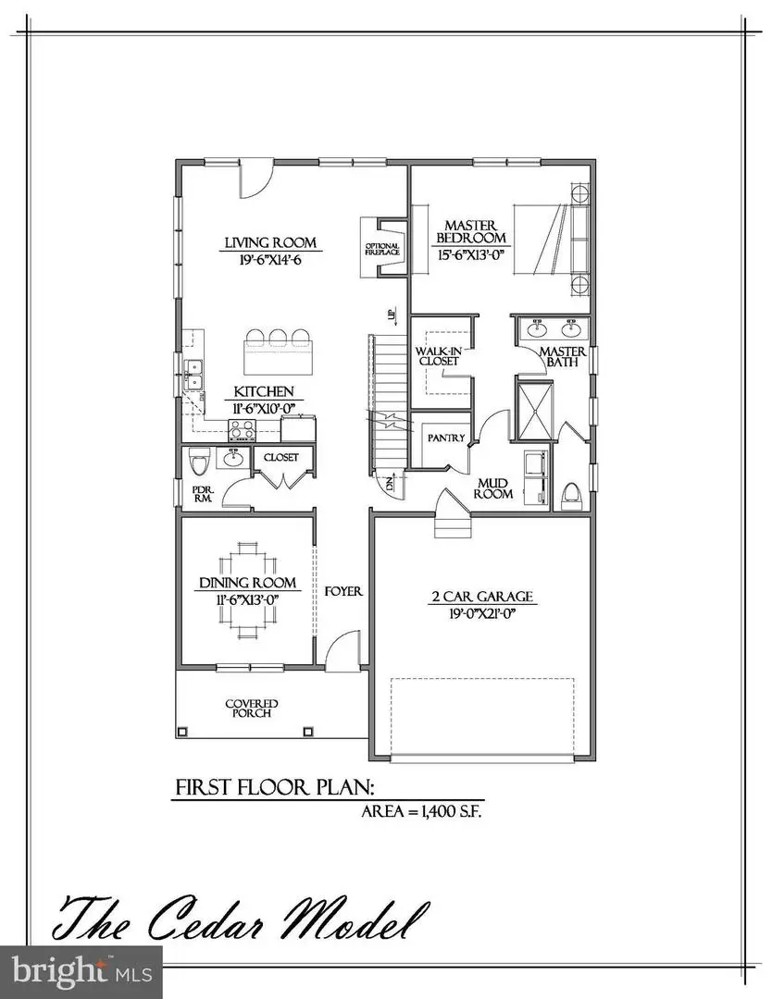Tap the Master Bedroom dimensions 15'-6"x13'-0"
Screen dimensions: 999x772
coord(471,256)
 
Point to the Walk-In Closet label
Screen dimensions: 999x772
coord(438,355)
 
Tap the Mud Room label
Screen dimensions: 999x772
coord(495,489)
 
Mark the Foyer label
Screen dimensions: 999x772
coord(342,591)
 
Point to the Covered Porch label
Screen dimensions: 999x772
coord(252,709)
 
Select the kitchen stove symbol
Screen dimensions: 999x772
coord(243,428)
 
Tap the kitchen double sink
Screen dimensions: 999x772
coord(193,372)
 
